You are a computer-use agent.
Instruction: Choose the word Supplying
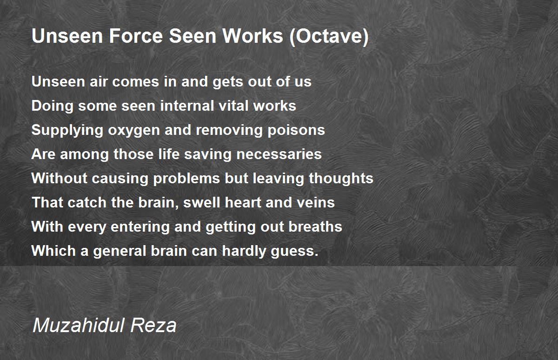[x=67, y=130]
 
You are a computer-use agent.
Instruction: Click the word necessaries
[x=279, y=154]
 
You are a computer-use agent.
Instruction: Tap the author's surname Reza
[x=154, y=326]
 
